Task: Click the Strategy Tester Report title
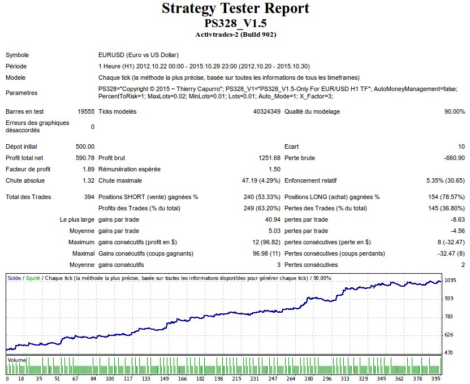pyautogui.click(x=235, y=9)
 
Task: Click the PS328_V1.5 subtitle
pyautogui.click(x=235, y=24)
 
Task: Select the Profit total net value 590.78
pyautogui.click(x=85, y=158)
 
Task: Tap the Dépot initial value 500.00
pyautogui.click(x=85, y=146)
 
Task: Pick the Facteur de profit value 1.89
pyautogui.click(x=88, y=169)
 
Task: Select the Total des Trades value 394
pyautogui.click(x=89, y=197)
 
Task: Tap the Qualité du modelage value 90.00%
pyautogui.click(x=454, y=111)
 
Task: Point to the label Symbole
pyautogui.click(x=17, y=55)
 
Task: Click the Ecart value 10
pyautogui.click(x=461, y=146)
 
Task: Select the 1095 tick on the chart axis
pyautogui.click(x=450, y=281)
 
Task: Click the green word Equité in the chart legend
pyautogui.click(x=32, y=278)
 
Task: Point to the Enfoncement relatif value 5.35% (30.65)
pyautogui.click(x=445, y=180)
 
